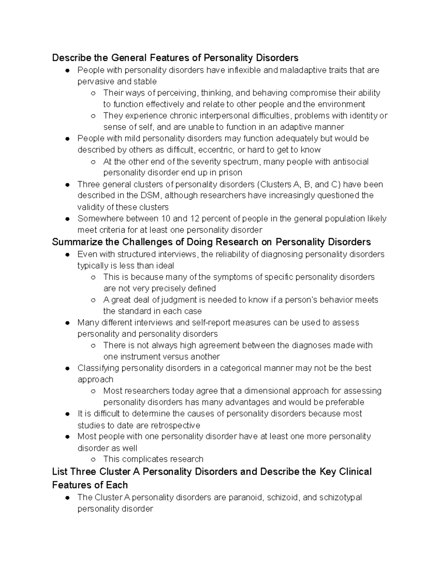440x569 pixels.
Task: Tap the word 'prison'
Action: pos(230,173)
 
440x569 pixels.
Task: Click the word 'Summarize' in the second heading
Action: pos(77,242)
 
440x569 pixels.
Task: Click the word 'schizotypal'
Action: pos(340,498)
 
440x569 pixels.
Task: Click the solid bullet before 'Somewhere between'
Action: pos(67,219)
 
